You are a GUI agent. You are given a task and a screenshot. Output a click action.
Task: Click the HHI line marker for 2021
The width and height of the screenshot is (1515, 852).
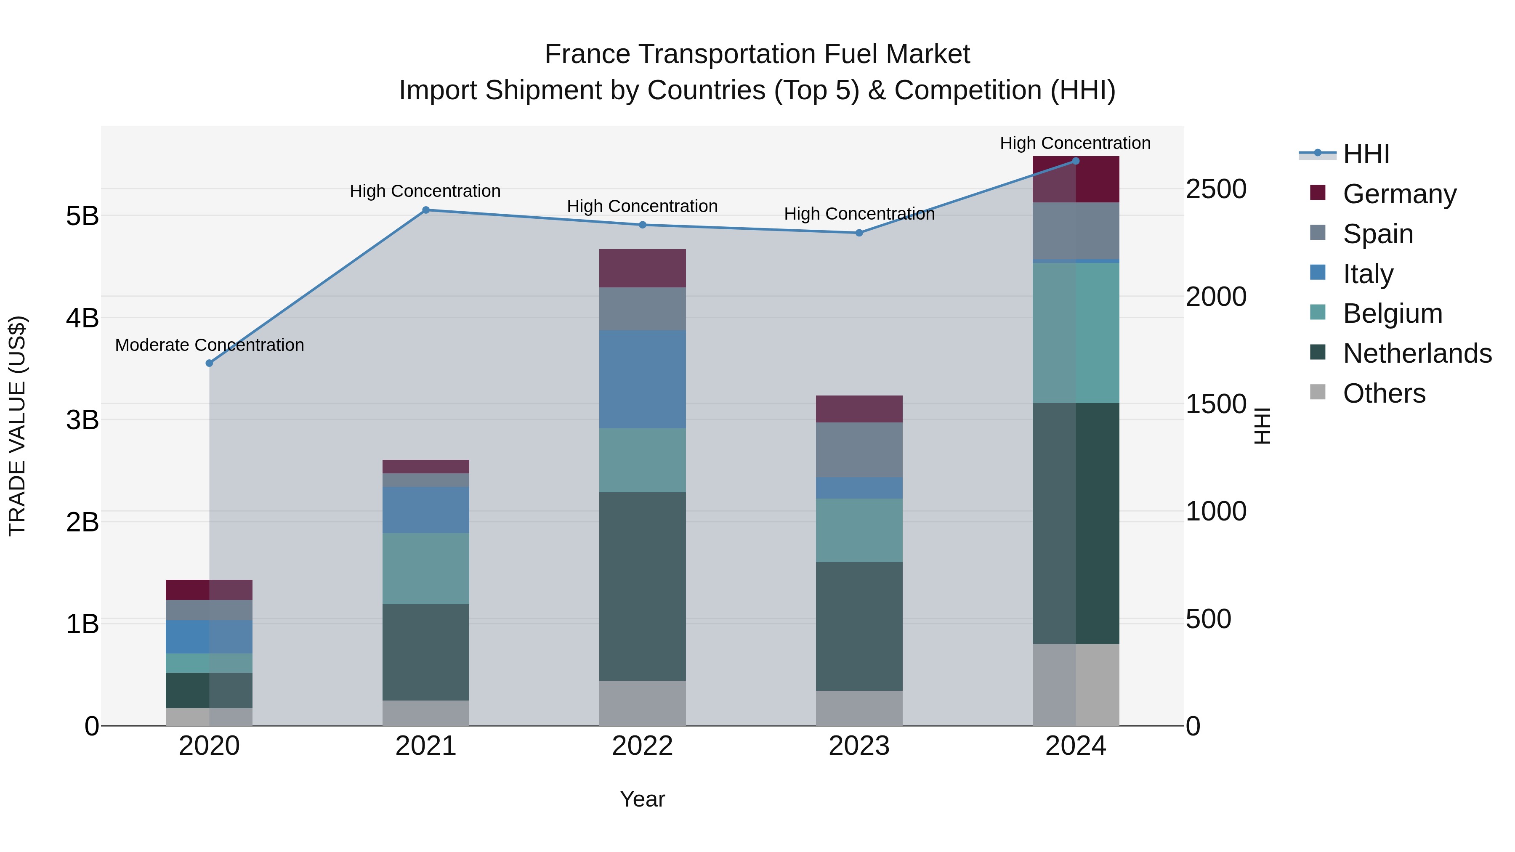426,210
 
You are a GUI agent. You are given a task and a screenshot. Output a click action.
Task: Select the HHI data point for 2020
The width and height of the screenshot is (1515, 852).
210,364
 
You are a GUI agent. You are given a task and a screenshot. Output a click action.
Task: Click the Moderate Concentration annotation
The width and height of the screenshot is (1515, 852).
210,345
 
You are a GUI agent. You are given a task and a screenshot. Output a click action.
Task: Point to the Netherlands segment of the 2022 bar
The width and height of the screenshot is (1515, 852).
642,586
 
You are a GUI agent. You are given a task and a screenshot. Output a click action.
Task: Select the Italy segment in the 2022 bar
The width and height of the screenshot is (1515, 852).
642,379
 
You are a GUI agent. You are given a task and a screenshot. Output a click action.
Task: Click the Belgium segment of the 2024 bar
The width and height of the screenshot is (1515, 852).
1076,333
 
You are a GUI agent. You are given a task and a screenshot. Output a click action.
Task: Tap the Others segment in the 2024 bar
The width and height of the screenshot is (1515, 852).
1076,685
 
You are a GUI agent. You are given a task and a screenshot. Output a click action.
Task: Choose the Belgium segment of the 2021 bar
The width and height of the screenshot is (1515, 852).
426,568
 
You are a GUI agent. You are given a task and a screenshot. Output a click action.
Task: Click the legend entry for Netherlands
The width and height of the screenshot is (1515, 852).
1417,353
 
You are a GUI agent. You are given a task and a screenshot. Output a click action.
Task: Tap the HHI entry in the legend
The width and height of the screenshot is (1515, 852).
1366,154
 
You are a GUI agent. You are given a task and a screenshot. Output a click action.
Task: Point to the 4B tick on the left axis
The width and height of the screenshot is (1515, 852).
82,318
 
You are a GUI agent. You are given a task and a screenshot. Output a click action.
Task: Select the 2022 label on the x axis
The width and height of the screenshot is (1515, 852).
642,746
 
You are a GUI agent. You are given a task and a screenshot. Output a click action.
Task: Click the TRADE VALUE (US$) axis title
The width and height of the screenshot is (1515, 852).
18,426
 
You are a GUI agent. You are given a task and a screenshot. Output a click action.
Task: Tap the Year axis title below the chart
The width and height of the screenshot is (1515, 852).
642,799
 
